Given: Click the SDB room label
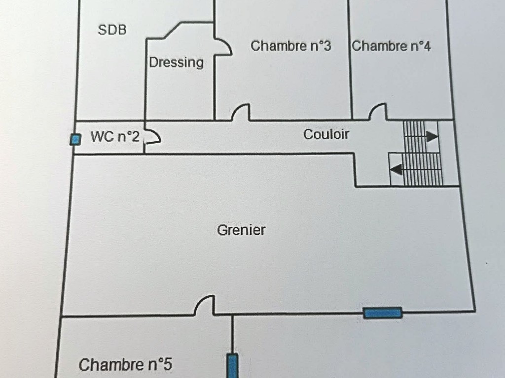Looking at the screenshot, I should [112, 30].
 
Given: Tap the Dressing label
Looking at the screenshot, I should [176, 63].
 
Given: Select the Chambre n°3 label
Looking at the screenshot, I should [290, 46].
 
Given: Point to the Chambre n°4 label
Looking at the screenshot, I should [392, 47].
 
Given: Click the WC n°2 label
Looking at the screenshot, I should [115, 137].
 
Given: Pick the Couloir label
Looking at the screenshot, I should [326, 134].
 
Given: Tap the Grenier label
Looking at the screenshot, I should [241, 230].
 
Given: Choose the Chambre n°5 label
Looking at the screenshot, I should [125, 365].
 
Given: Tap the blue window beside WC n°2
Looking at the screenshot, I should [75, 140].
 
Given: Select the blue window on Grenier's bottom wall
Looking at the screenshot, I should [383, 313].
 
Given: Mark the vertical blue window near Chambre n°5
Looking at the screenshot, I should [232, 366].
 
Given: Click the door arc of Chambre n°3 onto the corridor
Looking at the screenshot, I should [241, 112].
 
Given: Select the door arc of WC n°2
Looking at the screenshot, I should [152, 136].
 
